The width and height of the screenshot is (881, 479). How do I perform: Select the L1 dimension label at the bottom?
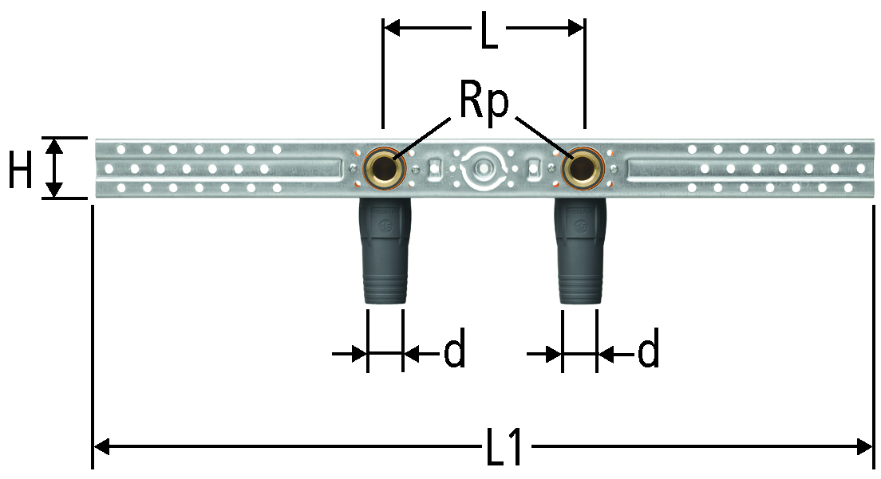coord(504,448)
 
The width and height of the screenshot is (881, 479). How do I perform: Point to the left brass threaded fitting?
coord(385,167)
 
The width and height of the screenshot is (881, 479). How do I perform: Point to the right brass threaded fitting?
coord(583,167)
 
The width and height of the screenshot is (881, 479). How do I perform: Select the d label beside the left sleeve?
coord(455,351)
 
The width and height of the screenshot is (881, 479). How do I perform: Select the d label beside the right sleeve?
coord(648,351)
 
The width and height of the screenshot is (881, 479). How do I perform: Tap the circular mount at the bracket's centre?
coord(483,167)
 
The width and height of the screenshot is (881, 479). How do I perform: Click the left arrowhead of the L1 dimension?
coord(101,447)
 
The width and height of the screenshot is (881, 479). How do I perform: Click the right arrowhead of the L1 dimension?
coord(863,447)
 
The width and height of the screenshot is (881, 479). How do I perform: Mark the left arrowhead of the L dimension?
coord(392,27)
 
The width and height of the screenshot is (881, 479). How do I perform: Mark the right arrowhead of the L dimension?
coord(576,27)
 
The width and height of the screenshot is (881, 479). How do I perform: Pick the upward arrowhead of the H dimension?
coord(54,147)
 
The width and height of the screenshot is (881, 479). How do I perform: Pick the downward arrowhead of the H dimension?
coord(54,190)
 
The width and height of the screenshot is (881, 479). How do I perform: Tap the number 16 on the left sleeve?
coord(385,227)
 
